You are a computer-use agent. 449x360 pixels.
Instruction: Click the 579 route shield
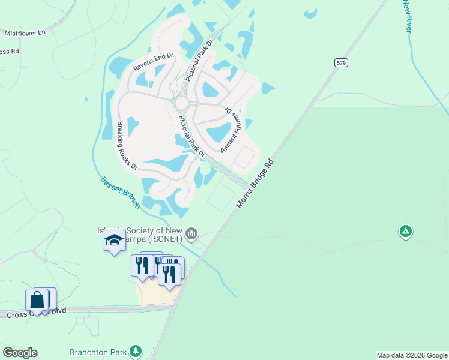click(341, 62)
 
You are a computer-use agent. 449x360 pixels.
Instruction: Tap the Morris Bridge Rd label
click(255, 184)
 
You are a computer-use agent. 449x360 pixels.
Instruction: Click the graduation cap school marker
click(114, 241)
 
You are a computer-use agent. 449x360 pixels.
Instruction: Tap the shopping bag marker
click(37, 300)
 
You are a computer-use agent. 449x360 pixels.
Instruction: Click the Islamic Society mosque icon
click(192, 232)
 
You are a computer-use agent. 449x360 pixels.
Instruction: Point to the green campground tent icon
click(406, 230)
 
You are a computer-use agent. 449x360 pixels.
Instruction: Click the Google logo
click(20, 353)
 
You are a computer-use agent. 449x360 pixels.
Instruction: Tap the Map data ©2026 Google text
click(412, 355)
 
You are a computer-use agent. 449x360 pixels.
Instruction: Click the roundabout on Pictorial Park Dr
click(182, 104)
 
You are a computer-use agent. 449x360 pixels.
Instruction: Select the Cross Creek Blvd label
click(36, 312)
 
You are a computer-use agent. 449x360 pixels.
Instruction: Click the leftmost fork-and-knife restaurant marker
click(142, 265)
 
